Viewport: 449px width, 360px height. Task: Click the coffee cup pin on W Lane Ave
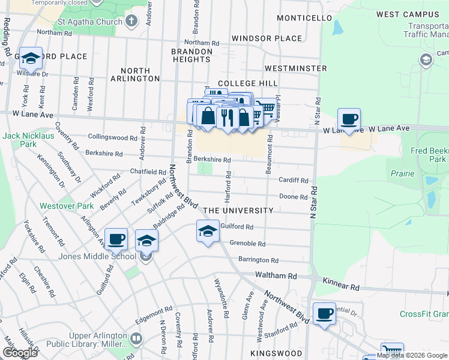tap(349, 119)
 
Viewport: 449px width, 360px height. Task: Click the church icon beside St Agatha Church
tap(131, 22)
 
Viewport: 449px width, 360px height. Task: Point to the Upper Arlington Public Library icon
tap(136, 338)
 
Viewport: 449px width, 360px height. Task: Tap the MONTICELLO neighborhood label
tap(304, 18)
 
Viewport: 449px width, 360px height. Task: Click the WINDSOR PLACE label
tap(267, 38)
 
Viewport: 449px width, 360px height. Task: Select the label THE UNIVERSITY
tap(238, 211)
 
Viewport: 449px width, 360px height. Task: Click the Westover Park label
tap(66, 206)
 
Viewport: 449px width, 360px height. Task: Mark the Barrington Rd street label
tap(258, 260)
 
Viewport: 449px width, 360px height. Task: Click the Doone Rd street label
tap(294, 197)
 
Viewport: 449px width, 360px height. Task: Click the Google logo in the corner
tap(19, 353)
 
